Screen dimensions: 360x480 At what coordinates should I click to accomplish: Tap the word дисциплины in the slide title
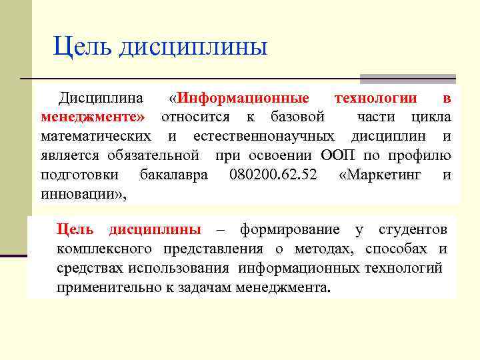tap(193, 47)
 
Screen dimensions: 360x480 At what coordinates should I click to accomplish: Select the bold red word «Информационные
tap(239, 99)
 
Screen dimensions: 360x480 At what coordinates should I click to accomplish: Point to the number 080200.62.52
tap(273, 175)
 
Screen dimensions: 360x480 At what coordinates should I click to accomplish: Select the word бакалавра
tap(173, 175)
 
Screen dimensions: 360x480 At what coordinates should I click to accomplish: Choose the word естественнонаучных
tap(264, 137)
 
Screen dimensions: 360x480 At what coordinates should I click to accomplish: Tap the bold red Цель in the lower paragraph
tap(75, 230)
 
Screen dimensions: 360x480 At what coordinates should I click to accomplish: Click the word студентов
tap(413, 230)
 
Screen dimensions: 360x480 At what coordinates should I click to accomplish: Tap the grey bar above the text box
tap(407, 78)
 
